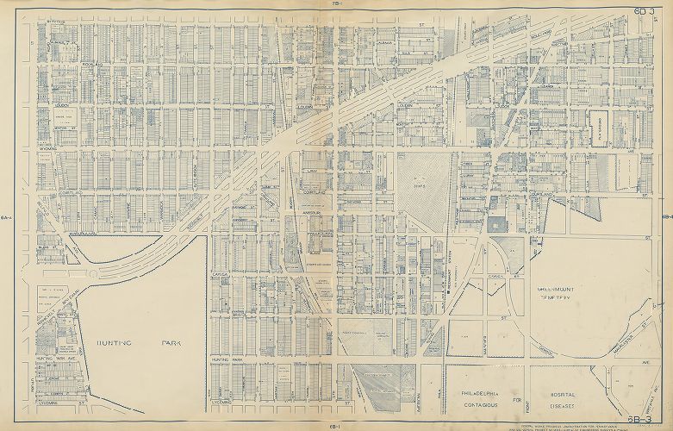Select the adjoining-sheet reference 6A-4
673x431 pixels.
(x=7, y=217)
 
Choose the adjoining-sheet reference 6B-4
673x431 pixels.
(x=667, y=217)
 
